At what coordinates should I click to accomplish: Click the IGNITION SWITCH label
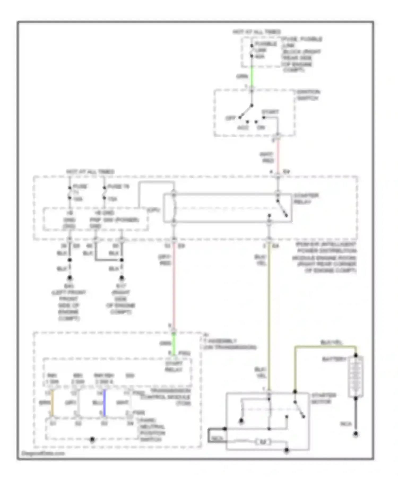point(308,95)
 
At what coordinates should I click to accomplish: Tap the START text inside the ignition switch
point(270,112)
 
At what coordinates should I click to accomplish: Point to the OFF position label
point(230,118)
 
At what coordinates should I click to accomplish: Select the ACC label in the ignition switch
point(243,128)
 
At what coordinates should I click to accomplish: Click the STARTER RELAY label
point(306,199)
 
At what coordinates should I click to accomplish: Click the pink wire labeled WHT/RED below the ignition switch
point(278,156)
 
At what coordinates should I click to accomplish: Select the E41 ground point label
point(69,286)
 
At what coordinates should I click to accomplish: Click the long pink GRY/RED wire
point(174,286)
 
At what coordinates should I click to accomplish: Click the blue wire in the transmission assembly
point(104,403)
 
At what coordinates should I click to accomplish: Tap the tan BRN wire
point(53,403)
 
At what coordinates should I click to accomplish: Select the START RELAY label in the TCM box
point(174,366)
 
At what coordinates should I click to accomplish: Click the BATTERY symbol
point(356,377)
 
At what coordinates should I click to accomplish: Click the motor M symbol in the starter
point(263,442)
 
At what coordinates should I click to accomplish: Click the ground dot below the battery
point(356,434)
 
